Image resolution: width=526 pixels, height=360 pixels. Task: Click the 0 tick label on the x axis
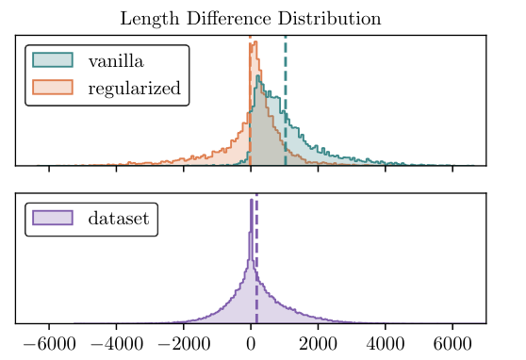(251, 344)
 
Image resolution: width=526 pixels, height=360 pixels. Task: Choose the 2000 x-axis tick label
(318, 344)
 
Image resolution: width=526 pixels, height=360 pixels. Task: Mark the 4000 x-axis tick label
(386, 344)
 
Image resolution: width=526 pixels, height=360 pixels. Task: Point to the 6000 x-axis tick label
(452, 344)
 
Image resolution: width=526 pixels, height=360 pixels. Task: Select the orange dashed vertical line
(250, 104)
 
